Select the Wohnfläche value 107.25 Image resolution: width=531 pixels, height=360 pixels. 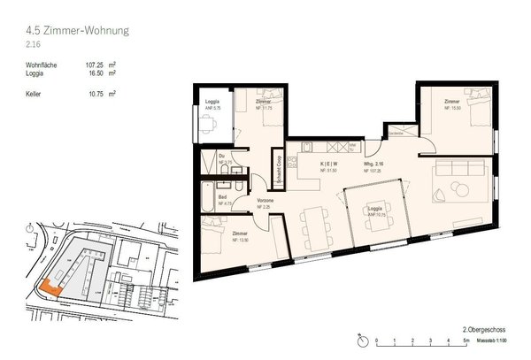pos(96,64)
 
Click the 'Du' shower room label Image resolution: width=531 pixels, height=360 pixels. pos(221,156)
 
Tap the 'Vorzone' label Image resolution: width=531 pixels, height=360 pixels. pos(264,201)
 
